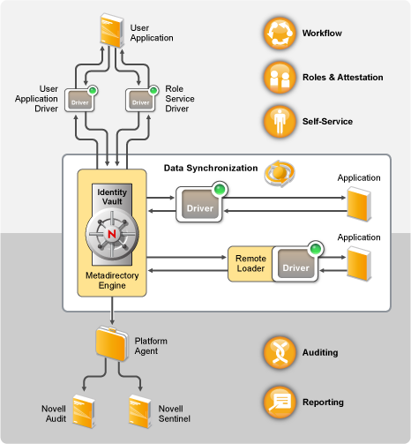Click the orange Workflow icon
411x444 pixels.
[280, 33]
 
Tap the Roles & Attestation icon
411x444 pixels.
[280, 78]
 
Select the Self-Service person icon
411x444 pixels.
[280, 122]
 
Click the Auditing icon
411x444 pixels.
[280, 352]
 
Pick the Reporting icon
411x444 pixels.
[280, 403]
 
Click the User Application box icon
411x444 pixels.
[112, 30]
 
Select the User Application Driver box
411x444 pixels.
[79, 100]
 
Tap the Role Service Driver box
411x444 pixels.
[140, 100]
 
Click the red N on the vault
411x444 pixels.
[112, 234]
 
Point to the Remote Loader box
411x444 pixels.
[250, 264]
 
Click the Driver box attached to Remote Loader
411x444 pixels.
[295, 264]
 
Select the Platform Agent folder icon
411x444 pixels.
[112, 343]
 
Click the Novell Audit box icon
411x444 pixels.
[84, 411]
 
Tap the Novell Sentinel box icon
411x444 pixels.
[140, 411]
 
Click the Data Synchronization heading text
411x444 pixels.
[211, 168]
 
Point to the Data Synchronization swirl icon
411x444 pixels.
[280, 173]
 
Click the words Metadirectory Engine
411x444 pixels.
[112, 281]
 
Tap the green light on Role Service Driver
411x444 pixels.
[153, 90]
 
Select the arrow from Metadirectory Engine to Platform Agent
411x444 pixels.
[112, 311]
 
